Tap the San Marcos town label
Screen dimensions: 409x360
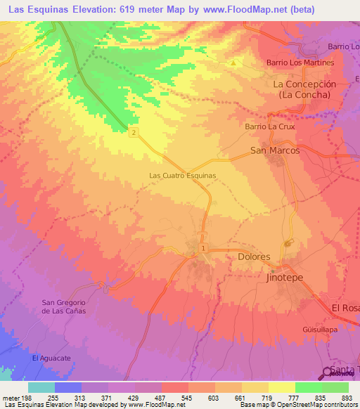coord(275,150)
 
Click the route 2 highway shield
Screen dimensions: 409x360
coord(133,131)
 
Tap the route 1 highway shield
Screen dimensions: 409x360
coord(203,248)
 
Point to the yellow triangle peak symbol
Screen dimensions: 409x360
coord(233,63)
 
